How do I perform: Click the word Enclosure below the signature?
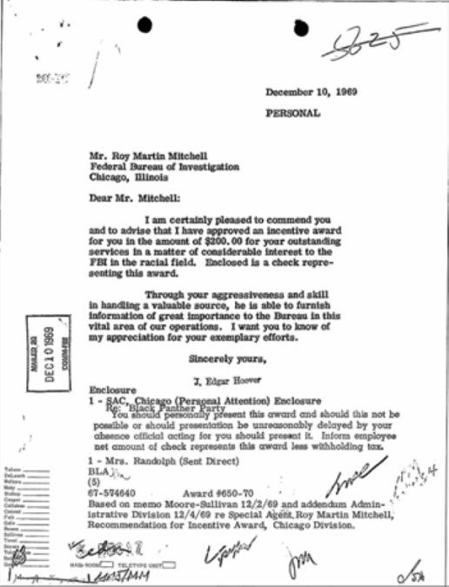tap(113, 390)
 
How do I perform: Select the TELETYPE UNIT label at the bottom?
tap(143, 566)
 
